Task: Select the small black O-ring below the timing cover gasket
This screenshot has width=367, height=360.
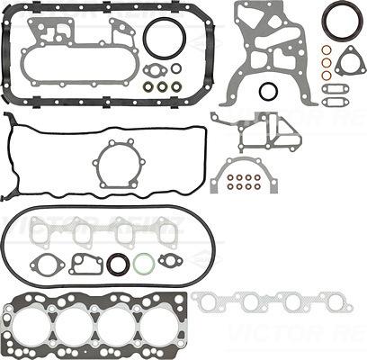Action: (268, 91)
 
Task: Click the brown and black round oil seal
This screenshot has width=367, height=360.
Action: (118, 265)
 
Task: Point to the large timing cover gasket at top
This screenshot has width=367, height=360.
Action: (270, 45)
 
